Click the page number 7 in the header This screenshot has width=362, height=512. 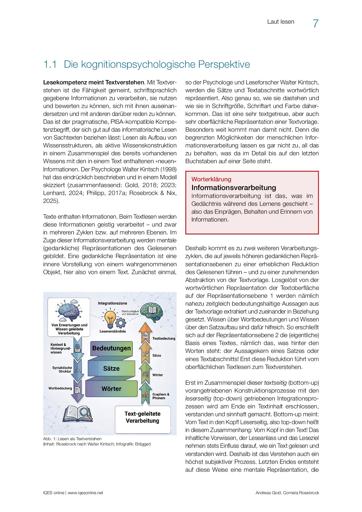click(316, 24)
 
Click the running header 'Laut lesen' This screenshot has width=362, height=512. click(281, 22)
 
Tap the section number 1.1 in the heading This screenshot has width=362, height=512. click(50, 64)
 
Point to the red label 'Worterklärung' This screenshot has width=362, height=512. click(211, 179)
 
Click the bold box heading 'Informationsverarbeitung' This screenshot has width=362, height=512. click(234, 187)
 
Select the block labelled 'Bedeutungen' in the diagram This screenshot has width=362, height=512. click(111, 349)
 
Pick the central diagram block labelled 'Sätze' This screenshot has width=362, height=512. click(111, 369)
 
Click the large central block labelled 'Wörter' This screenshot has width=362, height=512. click(111, 389)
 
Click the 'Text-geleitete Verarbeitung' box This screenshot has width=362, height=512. click(142, 417)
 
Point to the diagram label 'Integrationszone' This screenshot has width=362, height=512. click(112, 303)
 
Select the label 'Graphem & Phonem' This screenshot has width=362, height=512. click(161, 396)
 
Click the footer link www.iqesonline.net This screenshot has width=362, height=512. click(86, 493)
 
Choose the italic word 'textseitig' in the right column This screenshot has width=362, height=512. click(275, 383)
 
